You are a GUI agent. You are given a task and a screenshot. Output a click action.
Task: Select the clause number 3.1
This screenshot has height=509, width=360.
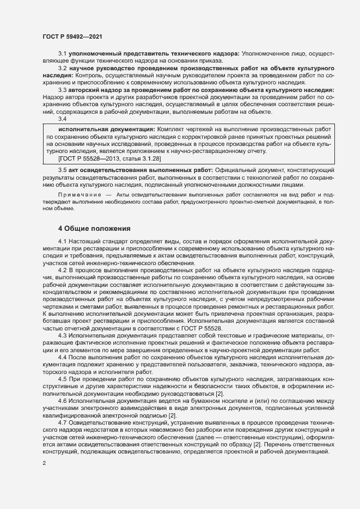click(x=63, y=54)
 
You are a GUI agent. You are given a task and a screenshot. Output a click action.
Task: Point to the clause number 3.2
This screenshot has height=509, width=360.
click(x=63, y=68)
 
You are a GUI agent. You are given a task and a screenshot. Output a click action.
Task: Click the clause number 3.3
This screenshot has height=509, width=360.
click(x=63, y=89)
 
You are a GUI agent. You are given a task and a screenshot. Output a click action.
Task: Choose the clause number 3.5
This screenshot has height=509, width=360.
click(x=63, y=171)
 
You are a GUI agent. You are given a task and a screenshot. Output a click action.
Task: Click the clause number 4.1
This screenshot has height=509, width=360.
click(x=63, y=240)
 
